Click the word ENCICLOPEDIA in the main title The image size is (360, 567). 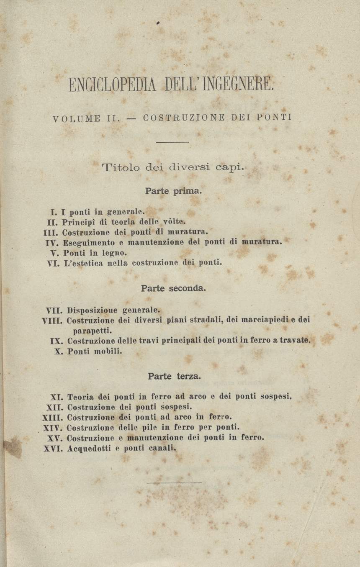point(111,86)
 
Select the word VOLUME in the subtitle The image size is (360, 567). point(77,118)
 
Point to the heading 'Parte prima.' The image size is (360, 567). point(173,191)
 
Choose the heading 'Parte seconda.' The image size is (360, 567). point(173,288)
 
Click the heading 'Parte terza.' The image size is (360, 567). point(174,376)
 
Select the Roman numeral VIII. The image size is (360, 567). point(52,321)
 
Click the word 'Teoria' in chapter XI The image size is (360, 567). point(80,397)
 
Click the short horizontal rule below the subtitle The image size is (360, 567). point(172,142)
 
